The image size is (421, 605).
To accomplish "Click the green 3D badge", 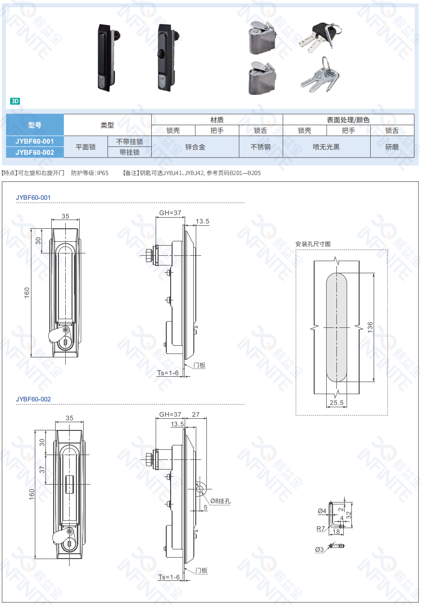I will click(15, 101).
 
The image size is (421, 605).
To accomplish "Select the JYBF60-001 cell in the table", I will click(34, 141).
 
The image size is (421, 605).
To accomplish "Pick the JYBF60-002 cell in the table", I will click(34, 152).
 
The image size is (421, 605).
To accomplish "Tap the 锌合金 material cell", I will click(195, 147).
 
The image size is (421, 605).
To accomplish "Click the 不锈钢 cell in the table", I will click(261, 147).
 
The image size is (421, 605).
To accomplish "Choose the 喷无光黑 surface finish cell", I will click(326, 147).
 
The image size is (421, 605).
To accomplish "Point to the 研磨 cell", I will click(392, 147).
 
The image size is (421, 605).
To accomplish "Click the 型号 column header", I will click(34, 125).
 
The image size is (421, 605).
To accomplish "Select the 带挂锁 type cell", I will click(130, 152).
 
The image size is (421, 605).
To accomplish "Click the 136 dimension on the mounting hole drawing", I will click(370, 327).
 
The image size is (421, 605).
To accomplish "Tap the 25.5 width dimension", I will click(336, 402).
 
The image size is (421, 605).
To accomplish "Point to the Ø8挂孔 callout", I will click(220, 501).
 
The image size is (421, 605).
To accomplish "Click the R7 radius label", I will click(321, 529).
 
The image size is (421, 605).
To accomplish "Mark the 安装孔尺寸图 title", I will click(313, 244).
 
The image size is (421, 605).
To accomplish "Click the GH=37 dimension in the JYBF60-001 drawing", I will click(170, 213).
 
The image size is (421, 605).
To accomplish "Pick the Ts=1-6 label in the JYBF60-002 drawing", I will click(169, 577).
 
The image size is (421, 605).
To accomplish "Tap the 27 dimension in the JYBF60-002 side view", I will click(196, 414).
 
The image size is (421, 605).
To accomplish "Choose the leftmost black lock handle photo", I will click(106, 57).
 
